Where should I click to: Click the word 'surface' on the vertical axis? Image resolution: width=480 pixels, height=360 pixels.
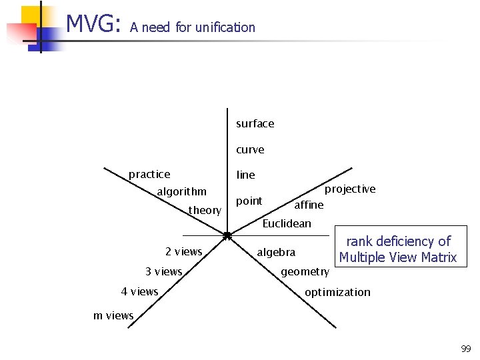coord(255,123)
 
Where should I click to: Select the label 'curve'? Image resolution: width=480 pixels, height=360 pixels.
coord(250,149)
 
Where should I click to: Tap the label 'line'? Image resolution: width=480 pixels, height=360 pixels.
coord(245,175)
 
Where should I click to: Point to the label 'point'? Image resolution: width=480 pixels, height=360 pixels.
coord(249,201)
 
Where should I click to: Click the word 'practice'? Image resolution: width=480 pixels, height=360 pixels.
coord(149,174)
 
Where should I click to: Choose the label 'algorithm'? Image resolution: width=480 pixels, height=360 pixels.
coord(182,192)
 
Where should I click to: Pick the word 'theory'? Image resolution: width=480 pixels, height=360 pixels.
coord(205,210)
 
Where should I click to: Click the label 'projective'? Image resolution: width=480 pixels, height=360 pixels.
coord(350,189)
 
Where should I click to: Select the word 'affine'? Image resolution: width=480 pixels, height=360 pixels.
coord(309,205)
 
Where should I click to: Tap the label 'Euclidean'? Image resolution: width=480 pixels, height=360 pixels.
coord(287,223)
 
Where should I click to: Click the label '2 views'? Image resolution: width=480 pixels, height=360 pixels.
coord(183,251)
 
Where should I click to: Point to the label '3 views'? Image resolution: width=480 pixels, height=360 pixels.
coord(163,271)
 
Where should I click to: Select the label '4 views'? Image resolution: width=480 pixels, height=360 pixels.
coord(139,291)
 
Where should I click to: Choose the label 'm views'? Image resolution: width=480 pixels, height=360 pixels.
coord(113,315)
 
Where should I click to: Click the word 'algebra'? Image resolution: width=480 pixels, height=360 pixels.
coord(276,252)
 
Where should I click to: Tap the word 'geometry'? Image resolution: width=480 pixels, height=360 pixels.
coord(305,271)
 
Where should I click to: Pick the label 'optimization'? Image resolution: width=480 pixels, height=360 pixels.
coord(337,292)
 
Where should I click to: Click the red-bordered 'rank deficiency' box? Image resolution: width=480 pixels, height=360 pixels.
coord(398,249)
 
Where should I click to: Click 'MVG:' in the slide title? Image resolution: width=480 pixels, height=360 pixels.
coord(93,25)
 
